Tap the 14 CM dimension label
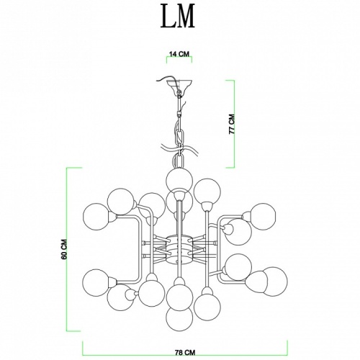[179, 54]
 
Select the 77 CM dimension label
[232, 124]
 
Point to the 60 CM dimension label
[64, 249]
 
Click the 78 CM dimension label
[185, 353]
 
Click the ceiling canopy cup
[179, 85]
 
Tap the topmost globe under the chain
[179, 179]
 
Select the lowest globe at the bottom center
[179, 318]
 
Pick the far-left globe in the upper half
[96, 217]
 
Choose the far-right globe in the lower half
[274, 282]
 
